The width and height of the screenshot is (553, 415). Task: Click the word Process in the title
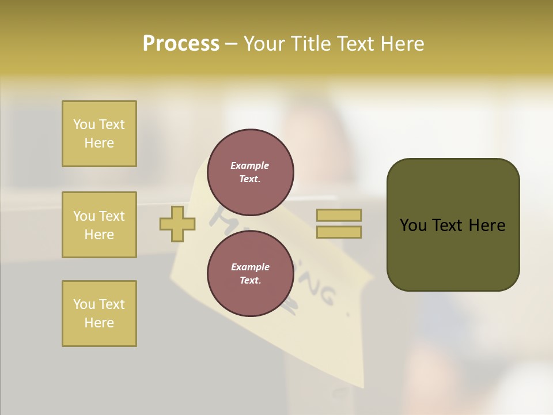(x=181, y=44)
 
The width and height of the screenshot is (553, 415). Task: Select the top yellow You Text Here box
(x=99, y=134)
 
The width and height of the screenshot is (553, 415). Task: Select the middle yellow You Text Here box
(x=99, y=225)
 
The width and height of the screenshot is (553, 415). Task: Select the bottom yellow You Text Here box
(x=99, y=314)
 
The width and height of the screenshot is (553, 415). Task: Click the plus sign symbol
(x=177, y=224)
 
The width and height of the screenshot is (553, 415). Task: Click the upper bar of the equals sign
(x=339, y=215)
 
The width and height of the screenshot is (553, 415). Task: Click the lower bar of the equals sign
(x=339, y=232)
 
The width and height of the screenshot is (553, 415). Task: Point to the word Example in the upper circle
(x=249, y=165)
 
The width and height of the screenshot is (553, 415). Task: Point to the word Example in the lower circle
(x=249, y=267)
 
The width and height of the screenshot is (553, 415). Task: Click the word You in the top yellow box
(x=84, y=124)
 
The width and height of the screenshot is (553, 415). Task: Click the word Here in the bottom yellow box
(x=99, y=323)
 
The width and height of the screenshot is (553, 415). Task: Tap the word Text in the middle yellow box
(x=112, y=216)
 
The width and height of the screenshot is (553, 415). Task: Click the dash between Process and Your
(x=232, y=44)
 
